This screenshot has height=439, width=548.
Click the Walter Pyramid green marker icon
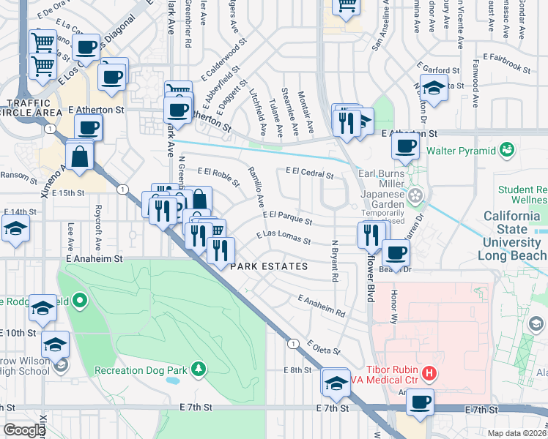point(506,151)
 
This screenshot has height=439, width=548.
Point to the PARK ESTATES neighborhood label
point(270,267)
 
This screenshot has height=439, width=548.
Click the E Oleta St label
point(325,348)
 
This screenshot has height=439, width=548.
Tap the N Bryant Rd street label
point(334,261)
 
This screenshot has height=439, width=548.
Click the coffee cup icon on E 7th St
point(421,401)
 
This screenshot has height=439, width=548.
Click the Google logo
point(24,430)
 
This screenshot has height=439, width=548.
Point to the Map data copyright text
point(517,433)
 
